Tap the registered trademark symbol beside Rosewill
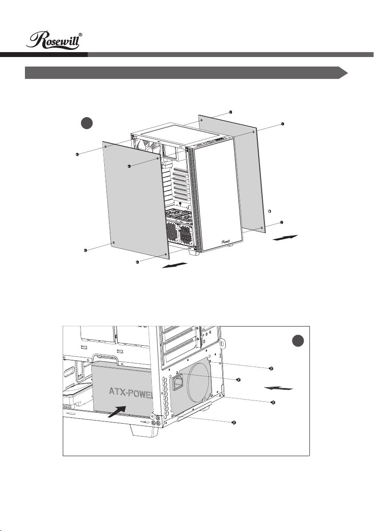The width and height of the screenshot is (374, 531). (x=81, y=35)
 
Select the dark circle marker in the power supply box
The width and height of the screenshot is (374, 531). (x=298, y=341)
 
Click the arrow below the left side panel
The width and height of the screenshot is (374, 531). (x=175, y=265)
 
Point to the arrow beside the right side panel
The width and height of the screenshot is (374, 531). (x=285, y=237)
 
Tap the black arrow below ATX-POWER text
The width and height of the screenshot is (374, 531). (x=117, y=412)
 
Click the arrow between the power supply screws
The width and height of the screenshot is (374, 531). (x=279, y=388)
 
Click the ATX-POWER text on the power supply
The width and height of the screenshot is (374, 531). (x=131, y=393)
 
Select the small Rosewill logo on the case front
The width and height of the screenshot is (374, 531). (x=227, y=242)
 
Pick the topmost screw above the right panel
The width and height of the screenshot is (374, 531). (x=231, y=112)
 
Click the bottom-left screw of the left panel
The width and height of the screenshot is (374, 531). (x=85, y=250)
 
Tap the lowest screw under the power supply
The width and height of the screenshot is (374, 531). (x=234, y=423)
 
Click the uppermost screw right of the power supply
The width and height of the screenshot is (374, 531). (x=271, y=368)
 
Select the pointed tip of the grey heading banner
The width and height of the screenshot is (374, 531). (x=348, y=73)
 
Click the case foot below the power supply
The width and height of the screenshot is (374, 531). (x=142, y=431)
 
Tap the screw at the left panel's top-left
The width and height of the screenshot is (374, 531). (x=77, y=155)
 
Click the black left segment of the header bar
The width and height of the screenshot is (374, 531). (x=44, y=54)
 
